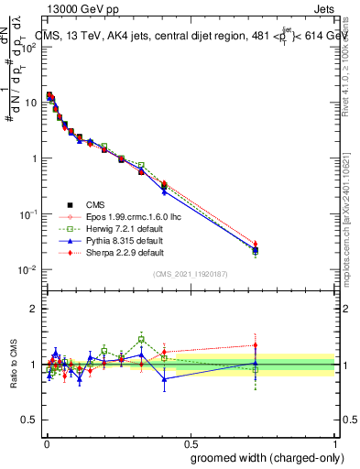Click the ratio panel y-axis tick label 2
point(35,309)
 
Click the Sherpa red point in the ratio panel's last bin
point(256,345)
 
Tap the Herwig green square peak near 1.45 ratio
point(141,339)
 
